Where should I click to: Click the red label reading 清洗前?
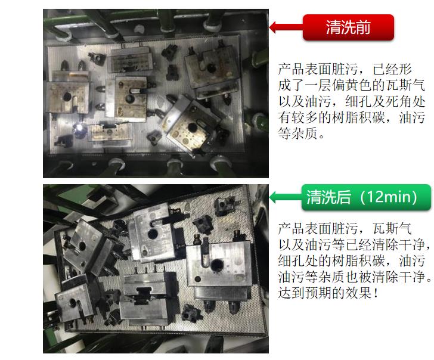pos(348,27)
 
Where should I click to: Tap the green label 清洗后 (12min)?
pos(366,197)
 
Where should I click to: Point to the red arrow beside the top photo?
pos(286,27)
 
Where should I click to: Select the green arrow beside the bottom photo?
pos(286,197)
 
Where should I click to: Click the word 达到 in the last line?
pos(292,293)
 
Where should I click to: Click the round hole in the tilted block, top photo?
pos(192,128)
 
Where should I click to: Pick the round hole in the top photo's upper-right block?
pos(212,67)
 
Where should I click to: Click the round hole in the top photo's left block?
pos(67,97)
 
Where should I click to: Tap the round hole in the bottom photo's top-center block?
pos(153,234)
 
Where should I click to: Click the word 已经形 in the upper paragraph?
pos(392,69)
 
